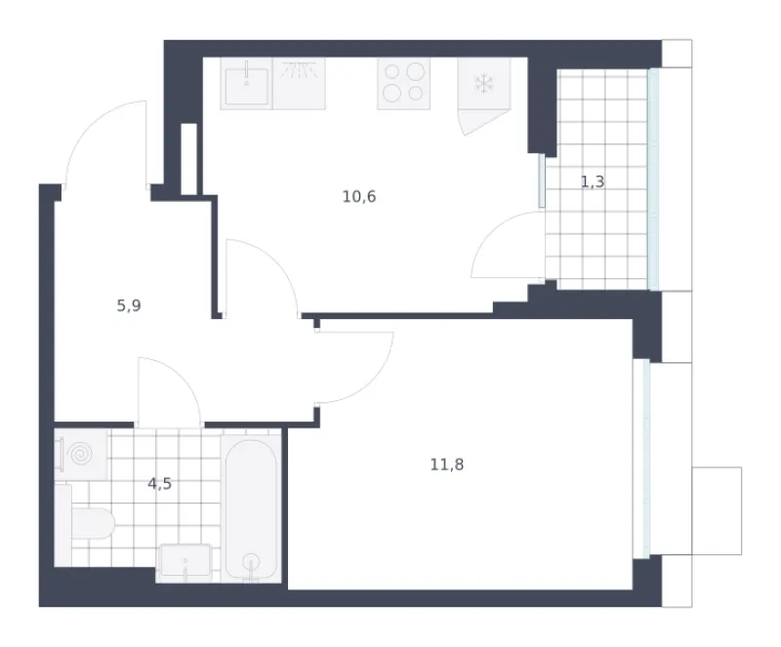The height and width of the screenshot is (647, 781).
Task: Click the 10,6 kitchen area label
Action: pos(359,197)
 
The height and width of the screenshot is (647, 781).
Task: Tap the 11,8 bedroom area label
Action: pos(447,465)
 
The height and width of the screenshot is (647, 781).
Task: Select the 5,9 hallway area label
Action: pos(129,305)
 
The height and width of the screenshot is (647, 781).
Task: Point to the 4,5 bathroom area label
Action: pos(160,484)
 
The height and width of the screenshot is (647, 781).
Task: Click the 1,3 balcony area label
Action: pos(593,182)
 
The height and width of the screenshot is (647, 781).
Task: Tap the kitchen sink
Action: pos(247,84)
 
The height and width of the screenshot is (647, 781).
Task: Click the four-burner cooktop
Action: pos(403,84)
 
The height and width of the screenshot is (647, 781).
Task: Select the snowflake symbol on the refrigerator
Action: pos(483,83)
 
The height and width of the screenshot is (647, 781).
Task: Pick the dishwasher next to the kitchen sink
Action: pos(299,84)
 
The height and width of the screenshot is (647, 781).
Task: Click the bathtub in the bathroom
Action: pos(251,509)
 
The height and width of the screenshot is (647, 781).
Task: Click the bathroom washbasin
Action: pos(185,563)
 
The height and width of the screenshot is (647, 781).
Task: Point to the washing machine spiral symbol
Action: pos(81,454)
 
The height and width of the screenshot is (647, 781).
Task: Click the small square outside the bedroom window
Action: pos(717,510)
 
